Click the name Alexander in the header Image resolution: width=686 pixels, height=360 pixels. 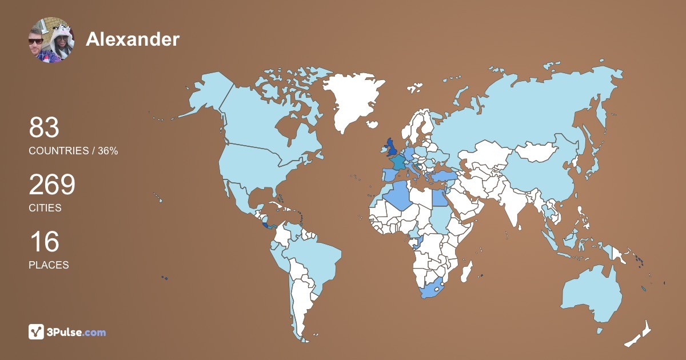[x=132, y=39]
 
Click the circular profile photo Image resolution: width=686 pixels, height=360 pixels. [x=51, y=39]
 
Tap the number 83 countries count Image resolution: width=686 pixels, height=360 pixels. [x=44, y=128]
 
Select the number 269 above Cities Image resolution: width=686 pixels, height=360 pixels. [x=52, y=185]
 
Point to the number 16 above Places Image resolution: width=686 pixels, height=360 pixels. [x=44, y=242]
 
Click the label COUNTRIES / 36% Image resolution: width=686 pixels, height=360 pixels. [x=73, y=151]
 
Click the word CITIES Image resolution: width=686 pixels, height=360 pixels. [x=45, y=208]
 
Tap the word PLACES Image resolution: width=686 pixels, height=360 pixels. [x=49, y=265]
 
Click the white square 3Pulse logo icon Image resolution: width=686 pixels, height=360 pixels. [x=37, y=331]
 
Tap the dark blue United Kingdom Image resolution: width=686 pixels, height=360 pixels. [x=392, y=148]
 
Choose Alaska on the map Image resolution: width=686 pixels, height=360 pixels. [x=206, y=94]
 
